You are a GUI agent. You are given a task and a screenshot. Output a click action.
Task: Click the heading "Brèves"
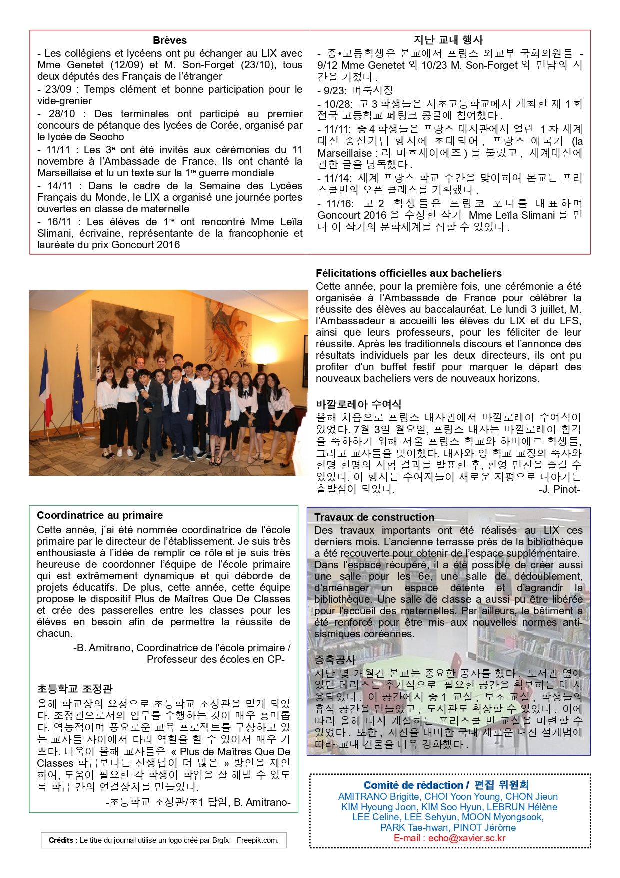click(x=170, y=40)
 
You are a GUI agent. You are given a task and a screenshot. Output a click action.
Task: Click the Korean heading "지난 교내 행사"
click(x=448, y=40)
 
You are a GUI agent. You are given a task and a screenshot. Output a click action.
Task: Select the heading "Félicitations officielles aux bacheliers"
click(x=408, y=273)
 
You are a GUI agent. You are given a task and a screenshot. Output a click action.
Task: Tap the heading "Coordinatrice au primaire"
click(x=100, y=515)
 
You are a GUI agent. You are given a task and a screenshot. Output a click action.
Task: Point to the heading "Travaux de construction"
click(x=374, y=517)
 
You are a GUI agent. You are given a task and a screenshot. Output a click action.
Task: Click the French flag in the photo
click(x=46, y=390)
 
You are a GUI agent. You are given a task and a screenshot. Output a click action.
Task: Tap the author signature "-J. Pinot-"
click(x=559, y=489)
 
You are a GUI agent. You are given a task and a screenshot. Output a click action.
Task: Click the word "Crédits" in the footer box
click(x=61, y=840)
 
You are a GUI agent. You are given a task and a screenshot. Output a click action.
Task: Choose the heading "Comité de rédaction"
click(x=413, y=785)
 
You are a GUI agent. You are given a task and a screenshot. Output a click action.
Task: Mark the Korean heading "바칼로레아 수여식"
click(x=358, y=404)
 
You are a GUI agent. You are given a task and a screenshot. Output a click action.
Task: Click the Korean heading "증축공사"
click(x=335, y=660)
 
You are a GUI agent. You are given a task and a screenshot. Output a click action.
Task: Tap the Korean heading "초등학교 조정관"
click(x=75, y=689)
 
